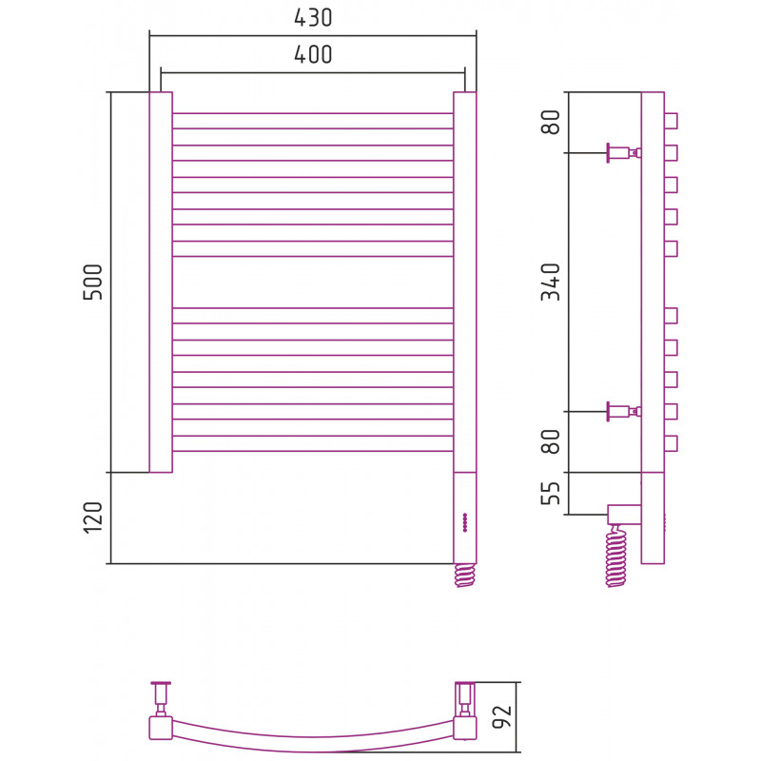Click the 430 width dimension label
click(313, 17)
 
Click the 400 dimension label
click(313, 54)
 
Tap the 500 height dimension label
click(93, 282)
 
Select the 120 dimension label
click(93, 517)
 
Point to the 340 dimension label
click(550, 282)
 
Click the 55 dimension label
click(550, 493)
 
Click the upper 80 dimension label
click(550, 122)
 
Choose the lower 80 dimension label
click(550, 441)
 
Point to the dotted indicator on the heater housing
click(464, 522)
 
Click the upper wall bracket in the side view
click(621, 152)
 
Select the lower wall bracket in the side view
click(621, 412)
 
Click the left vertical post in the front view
click(161, 282)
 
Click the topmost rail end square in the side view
click(671, 121)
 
